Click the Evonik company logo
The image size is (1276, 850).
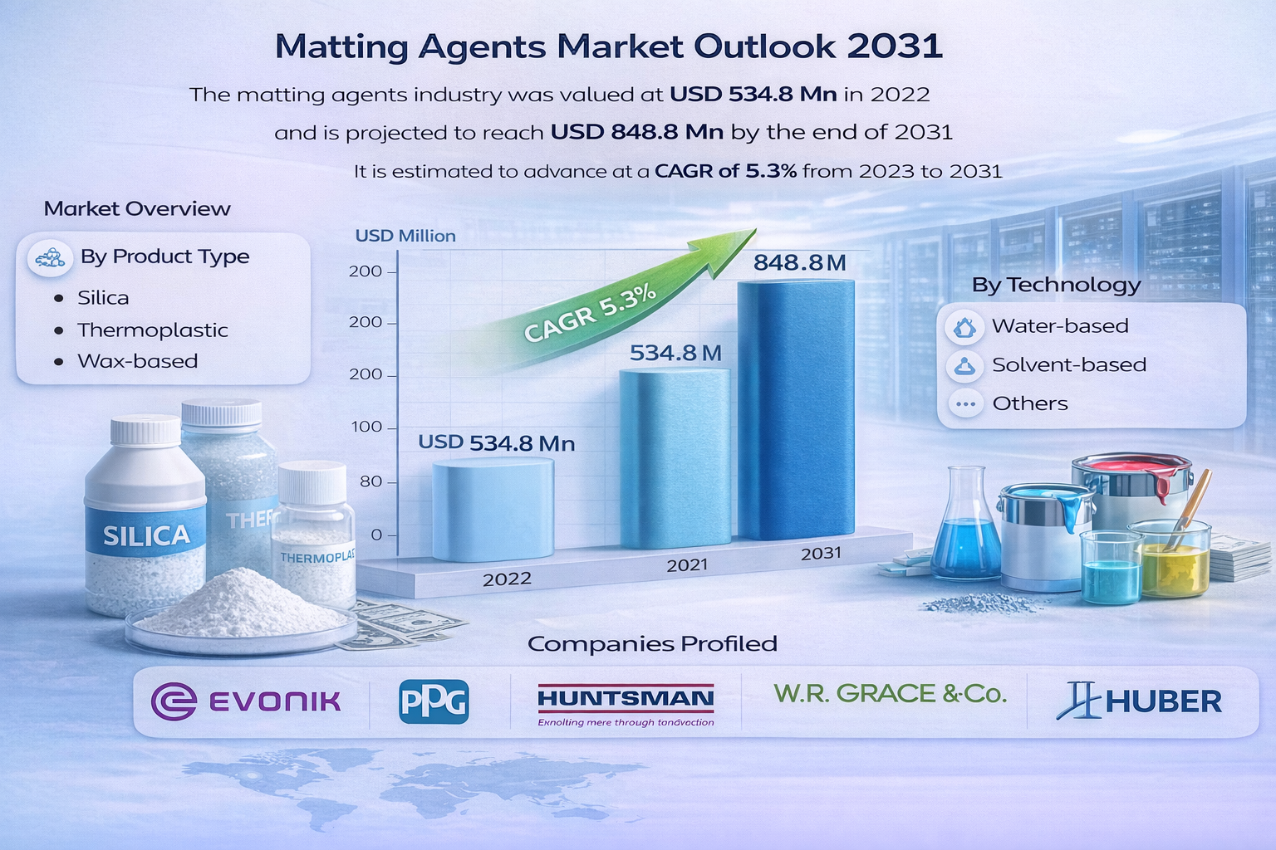tap(247, 701)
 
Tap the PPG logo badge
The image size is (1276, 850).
tap(434, 701)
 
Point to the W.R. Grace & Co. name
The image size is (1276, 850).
tap(890, 693)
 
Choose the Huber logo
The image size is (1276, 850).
tap(1139, 701)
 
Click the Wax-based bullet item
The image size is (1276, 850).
tap(137, 361)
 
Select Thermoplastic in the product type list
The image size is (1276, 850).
tap(152, 330)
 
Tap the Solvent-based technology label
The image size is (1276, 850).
tap(1068, 364)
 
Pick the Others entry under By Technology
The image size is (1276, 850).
tap(1029, 403)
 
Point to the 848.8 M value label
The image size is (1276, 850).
tap(799, 263)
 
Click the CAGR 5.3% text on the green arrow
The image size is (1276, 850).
tap(591, 313)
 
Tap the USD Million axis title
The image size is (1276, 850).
tap(405, 236)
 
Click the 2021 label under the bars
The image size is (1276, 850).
tap(687, 565)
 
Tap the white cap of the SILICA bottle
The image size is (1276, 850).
tap(145, 430)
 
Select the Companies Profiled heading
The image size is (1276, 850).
tap(652, 643)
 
